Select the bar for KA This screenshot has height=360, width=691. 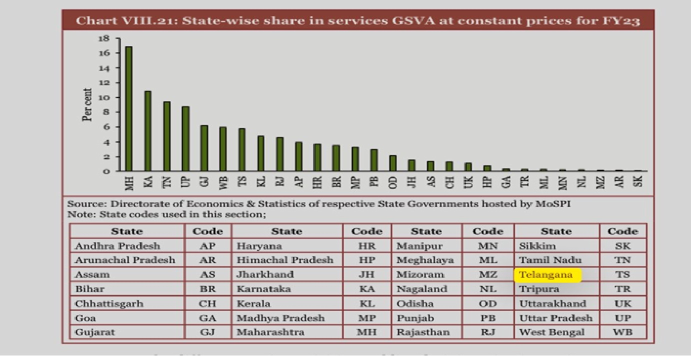(147, 131)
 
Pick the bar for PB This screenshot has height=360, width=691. (373, 160)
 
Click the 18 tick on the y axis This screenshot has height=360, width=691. (103, 38)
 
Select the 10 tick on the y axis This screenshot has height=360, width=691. (103, 97)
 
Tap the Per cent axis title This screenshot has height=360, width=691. (87, 105)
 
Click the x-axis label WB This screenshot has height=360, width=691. (223, 180)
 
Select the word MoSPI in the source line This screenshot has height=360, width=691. (553, 204)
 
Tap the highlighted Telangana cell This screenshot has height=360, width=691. (546, 275)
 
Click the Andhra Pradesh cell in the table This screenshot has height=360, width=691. (117, 246)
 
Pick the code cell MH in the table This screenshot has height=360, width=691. (366, 332)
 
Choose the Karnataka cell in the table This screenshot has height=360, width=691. (263, 289)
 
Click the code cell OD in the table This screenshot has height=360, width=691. (487, 303)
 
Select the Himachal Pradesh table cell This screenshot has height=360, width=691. (284, 260)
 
